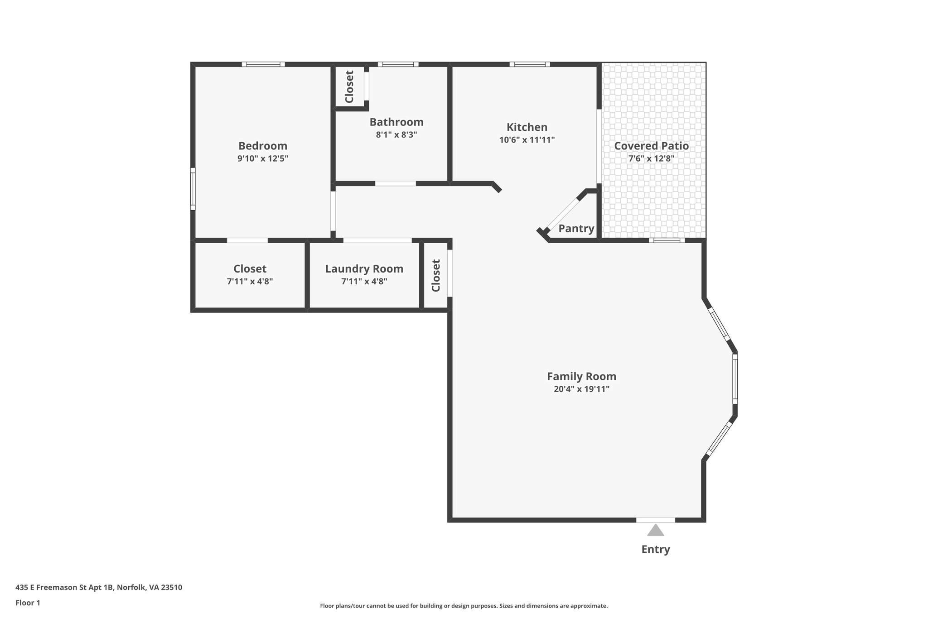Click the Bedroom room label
(x=263, y=146)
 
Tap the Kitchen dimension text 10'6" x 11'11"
(x=527, y=140)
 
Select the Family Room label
(x=581, y=376)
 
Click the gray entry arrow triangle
(x=655, y=531)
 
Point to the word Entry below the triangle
(x=655, y=549)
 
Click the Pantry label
(x=576, y=229)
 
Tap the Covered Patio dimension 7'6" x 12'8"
(x=651, y=158)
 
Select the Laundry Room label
(x=364, y=269)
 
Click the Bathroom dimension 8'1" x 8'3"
(x=396, y=134)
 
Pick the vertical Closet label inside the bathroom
(x=349, y=87)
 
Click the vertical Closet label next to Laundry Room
(x=436, y=275)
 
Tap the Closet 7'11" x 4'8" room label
(x=250, y=269)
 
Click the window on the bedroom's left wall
(x=193, y=189)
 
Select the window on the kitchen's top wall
(x=529, y=64)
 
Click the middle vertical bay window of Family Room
(x=735, y=378)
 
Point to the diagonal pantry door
(x=563, y=213)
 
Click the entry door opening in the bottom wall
(x=655, y=520)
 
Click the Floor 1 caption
(x=28, y=603)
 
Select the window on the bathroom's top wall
(x=398, y=64)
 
